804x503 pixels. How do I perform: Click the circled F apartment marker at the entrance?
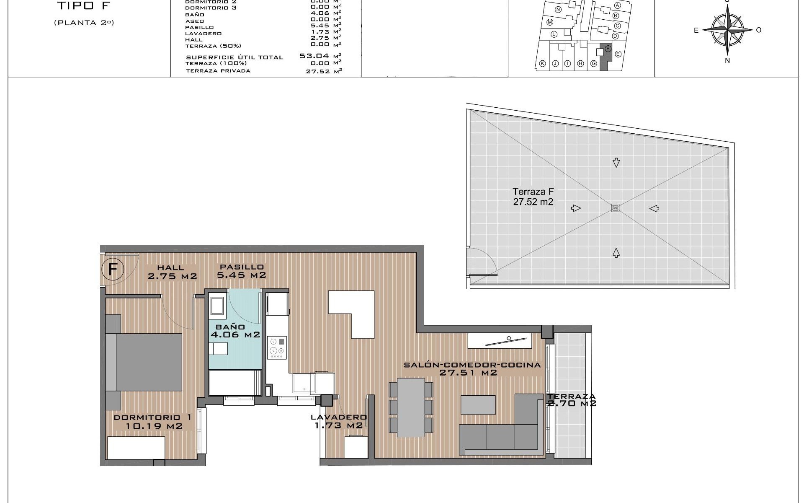113,269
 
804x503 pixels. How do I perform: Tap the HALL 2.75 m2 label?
172,272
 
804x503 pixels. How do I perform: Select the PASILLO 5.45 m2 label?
242,271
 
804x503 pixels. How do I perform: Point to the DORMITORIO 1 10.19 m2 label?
153,422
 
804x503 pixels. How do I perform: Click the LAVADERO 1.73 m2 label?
338,421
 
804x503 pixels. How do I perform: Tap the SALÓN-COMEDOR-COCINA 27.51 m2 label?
472,368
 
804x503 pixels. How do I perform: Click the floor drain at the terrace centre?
615,208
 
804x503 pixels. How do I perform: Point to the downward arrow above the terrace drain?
616,163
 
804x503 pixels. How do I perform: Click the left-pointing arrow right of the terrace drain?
654,208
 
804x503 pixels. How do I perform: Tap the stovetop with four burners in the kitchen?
277,347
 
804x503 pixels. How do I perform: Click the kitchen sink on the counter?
304,383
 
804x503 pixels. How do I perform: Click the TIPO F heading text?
84,6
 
